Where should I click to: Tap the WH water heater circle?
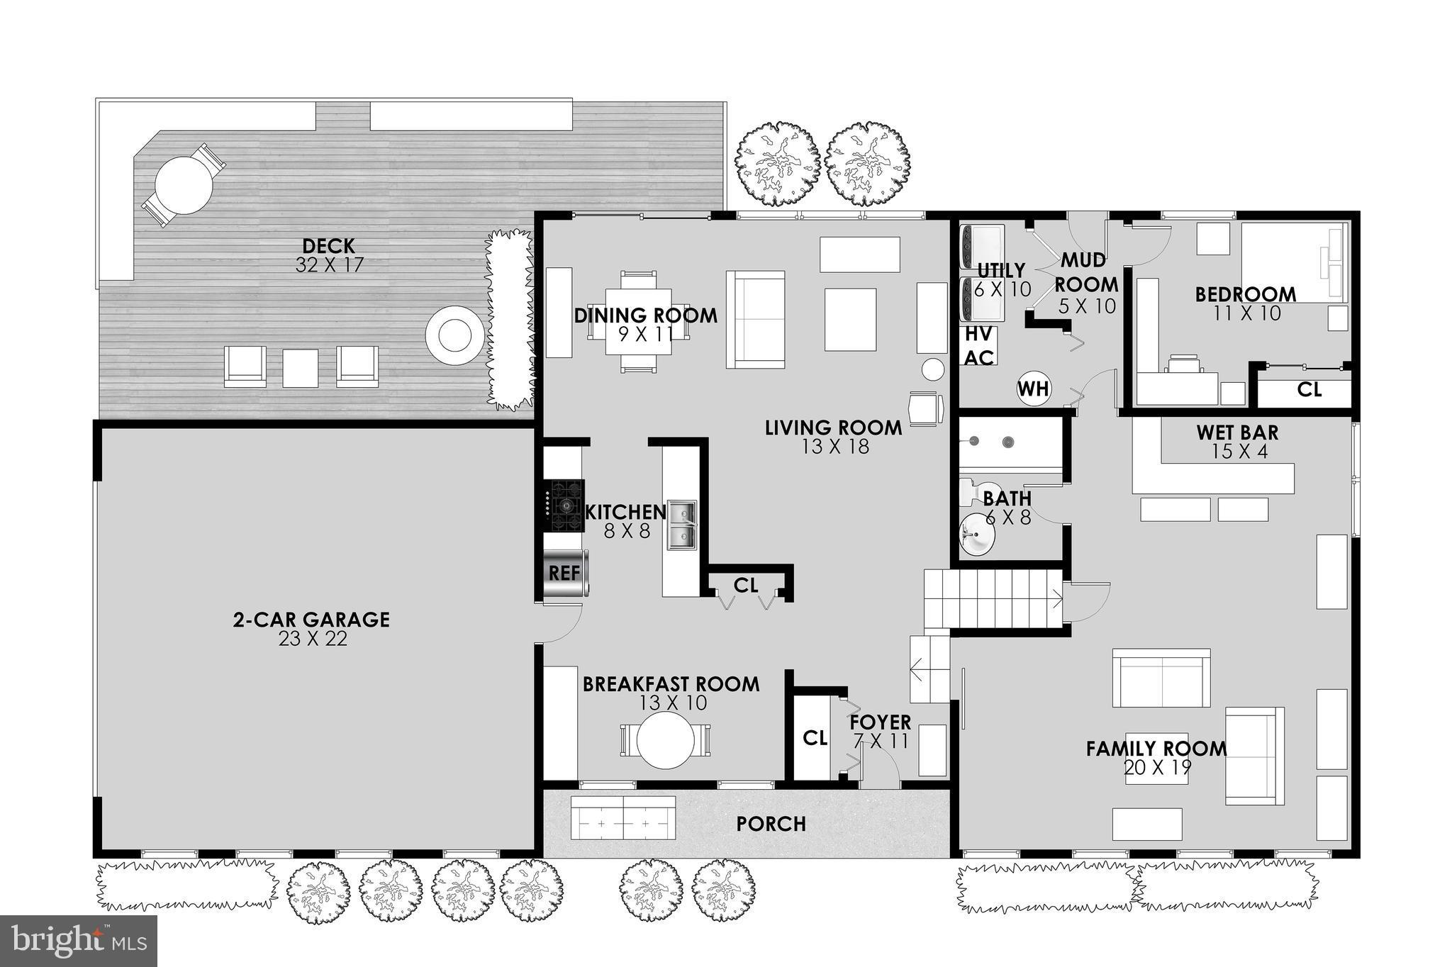click(x=1034, y=389)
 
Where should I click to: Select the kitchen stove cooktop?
click(x=566, y=505)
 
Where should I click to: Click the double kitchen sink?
click(x=681, y=525)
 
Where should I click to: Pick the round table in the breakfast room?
click(x=665, y=740)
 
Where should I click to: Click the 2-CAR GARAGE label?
click(x=311, y=620)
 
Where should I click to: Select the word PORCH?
click(x=771, y=824)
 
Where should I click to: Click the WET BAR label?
click(x=1237, y=432)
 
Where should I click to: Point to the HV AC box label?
click(x=979, y=346)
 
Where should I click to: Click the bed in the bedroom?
click(x=1293, y=262)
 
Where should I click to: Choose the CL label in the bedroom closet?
click(x=1309, y=389)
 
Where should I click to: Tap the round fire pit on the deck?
click(x=454, y=335)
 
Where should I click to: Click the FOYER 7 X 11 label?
click(x=881, y=731)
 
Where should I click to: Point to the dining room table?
click(x=638, y=321)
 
